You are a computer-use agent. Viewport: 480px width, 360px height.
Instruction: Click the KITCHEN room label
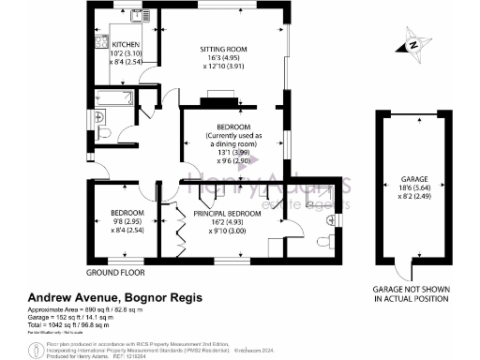point(126,44)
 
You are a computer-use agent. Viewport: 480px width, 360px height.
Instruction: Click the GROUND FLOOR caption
point(114,273)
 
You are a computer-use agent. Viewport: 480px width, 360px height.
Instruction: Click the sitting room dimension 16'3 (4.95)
point(223,58)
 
